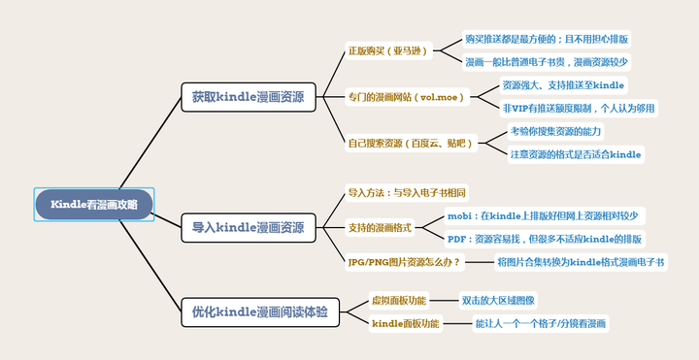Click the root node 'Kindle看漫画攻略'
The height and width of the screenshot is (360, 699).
tap(94, 204)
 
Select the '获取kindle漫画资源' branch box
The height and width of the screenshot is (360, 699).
tap(247, 97)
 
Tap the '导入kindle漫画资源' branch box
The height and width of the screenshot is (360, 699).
tap(247, 228)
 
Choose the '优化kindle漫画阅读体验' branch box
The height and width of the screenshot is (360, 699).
tap(258, 312)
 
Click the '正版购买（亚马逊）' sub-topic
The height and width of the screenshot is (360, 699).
tap(386, 50)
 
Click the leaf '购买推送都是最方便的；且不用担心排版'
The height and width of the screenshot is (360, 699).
tap(546, 39)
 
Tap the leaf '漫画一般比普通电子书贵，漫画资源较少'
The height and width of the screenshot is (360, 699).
tap(546, 62)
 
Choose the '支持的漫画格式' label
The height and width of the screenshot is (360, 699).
tap(381, 227)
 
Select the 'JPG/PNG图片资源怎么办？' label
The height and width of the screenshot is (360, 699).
tap(404, 262)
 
